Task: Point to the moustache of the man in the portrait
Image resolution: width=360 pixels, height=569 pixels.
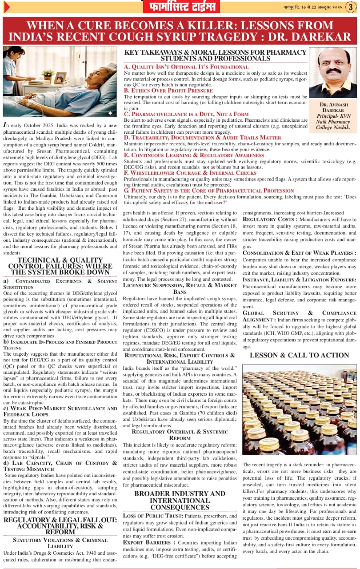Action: pos(333,71)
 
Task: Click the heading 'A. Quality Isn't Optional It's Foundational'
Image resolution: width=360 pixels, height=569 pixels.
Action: pos(186,67)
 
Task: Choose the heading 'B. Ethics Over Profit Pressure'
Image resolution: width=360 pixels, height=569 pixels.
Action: pos(168,90)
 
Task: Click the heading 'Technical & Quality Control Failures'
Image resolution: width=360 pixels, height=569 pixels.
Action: pos(60,266)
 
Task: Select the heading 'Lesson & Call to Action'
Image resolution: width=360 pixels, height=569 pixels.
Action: pos(299,355)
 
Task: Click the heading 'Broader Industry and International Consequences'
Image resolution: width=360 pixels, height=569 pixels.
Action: pos(180,500)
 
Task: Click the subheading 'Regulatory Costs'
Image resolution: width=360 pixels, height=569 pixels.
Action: pos(269,220)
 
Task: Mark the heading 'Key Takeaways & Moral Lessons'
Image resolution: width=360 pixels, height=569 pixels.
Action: pos(216,55)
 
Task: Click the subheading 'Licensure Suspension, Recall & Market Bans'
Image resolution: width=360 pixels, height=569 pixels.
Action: pos(180,288)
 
